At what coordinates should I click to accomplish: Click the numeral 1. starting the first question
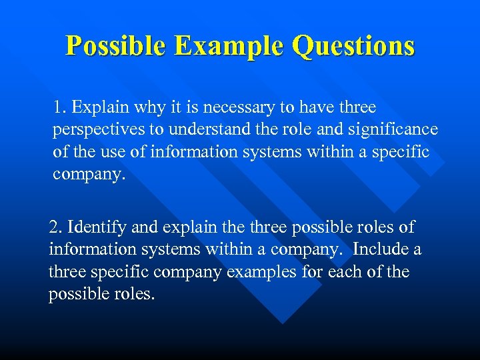coord(61,107)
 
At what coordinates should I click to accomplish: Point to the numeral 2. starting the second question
coord(55,227)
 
